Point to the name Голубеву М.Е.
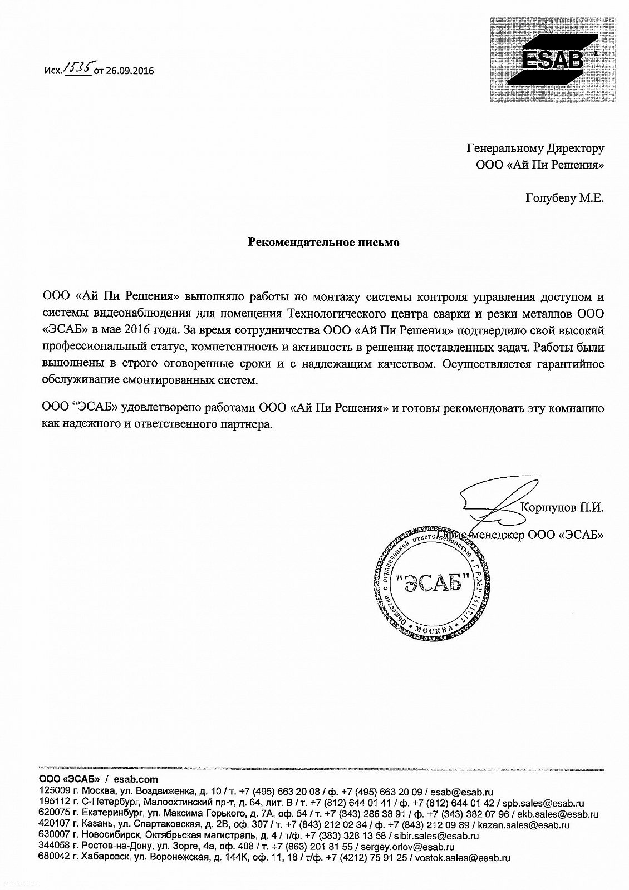click(564, 198)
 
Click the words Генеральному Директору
click(535, 149)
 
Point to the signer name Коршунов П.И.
click(561, 507)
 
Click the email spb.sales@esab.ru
click(543, 803)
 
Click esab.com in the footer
click(136, 779)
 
